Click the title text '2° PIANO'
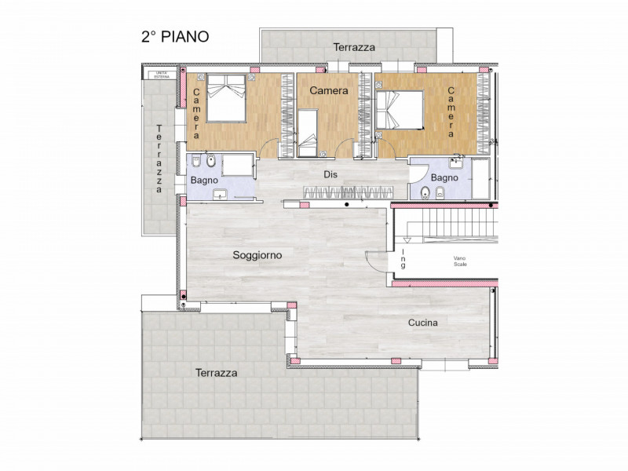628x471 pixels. [x=174, y=36]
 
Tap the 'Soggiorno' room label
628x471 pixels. [x=257, y=255]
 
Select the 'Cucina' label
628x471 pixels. [x=422, y=323]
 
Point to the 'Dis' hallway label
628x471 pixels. [x=330, y=175]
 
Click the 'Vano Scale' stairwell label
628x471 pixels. [x=459, y=261]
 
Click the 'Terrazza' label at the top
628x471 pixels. [x=354, y=47]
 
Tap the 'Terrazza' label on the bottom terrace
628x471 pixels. [x=216, y=373]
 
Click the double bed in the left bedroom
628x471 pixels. [x=225, y=98]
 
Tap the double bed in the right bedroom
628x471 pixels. [x=401, y=110]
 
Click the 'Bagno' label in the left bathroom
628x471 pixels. [x=205, y=181]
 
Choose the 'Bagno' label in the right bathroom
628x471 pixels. [x=444, y=177]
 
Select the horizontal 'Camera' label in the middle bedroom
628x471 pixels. [x=328, y=91]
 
